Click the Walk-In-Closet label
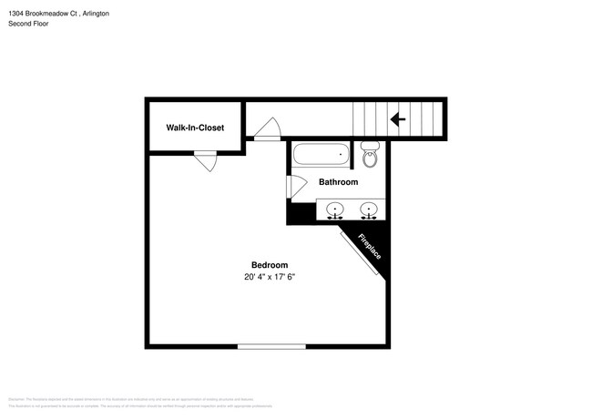coord(194,128)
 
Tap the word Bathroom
coord(337,182)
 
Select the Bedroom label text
coord(270,265)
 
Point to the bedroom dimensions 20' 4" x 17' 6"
coord(270,277)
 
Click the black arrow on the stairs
coord(397,118)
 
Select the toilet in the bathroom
coord(370,156)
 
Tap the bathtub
coord(320,155)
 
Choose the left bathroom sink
coord(335,210)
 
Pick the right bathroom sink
coord(369,210)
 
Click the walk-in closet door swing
coord(206,161)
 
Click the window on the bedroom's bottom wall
coord(271,346)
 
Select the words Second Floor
coord(28,24)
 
